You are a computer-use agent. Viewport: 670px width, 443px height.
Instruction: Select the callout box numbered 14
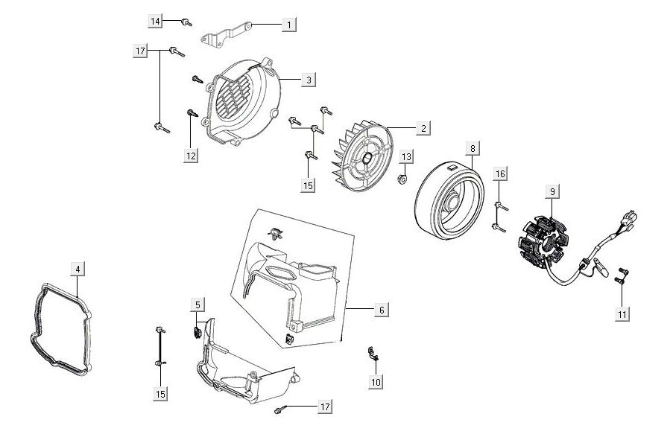point(156,22)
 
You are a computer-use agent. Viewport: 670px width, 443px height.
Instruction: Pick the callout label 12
point(191,155)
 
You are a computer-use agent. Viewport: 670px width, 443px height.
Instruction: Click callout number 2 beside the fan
point(423,128)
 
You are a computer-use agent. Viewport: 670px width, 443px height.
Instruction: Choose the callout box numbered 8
point(472,148)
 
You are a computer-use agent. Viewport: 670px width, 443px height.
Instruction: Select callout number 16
point(500,173)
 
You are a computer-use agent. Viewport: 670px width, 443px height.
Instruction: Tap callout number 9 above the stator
point(552,191)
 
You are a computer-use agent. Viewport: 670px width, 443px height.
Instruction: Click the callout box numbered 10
point(376,381)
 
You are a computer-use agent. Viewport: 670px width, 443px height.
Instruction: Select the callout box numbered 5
point(197,305)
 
